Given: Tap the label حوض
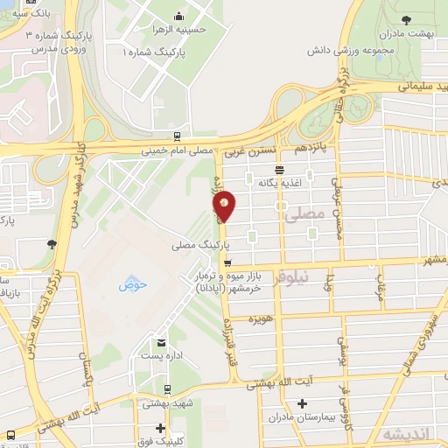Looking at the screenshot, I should (x=131, y=283).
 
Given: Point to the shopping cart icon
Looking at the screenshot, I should (x=227, y=262).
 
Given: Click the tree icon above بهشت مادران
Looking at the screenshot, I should (x=405, y=18).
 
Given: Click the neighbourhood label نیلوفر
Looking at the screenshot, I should (x=291, y=276).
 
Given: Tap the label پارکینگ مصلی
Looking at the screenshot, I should (x=202, y=246).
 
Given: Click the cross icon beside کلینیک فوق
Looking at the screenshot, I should (x=160, y=428).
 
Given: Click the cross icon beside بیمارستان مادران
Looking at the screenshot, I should (x=302, y=405).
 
